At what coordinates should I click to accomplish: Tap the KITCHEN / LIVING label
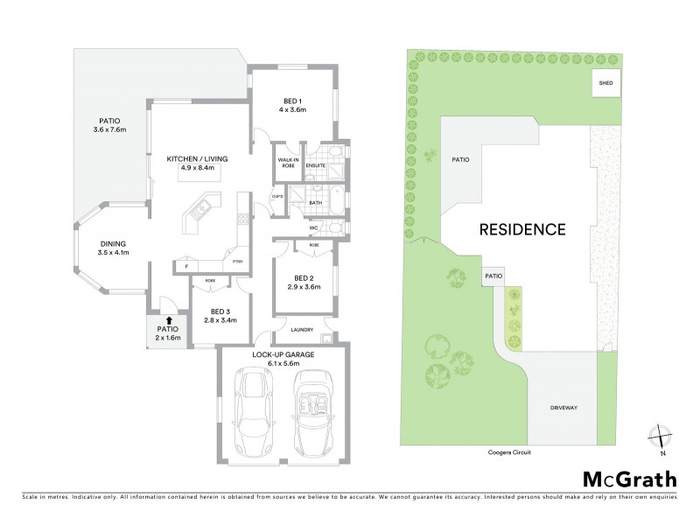pos(197,158)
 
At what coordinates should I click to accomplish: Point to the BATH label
pos(316,203)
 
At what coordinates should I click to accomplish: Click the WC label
pos(312,228)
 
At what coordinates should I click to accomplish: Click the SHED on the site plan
pos(605,83)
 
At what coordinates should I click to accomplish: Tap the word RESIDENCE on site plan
pos(521,230)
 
